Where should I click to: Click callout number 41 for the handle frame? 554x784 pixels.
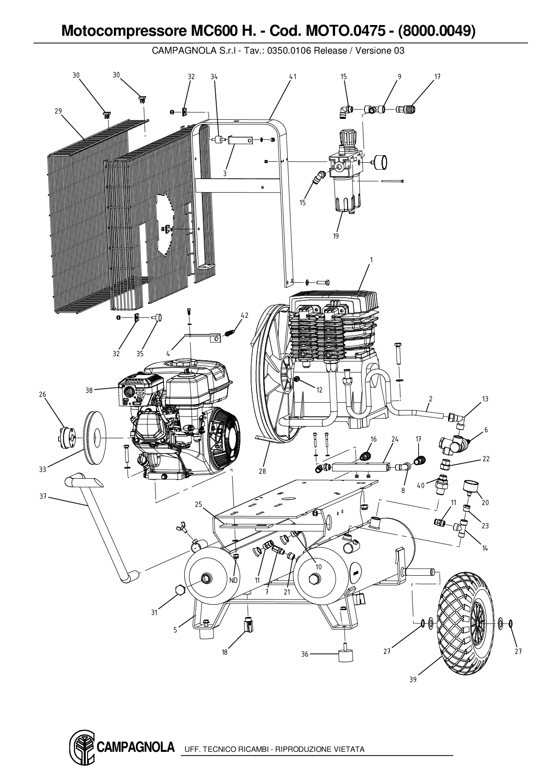[x=293, y=77]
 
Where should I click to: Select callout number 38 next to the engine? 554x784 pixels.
[x=89, y=390]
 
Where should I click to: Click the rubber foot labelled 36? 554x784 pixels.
[x=344, y=654]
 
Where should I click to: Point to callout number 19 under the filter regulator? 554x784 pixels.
[x=336, y=236]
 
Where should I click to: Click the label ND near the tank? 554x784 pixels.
[x=233, y=580]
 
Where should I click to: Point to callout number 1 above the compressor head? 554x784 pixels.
[x=371, y=260]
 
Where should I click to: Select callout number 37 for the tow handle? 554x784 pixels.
[x=43, y=496]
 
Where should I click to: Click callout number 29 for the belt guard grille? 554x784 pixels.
[x=58, y=111]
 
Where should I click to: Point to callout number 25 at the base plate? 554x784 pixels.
[x=199, y=505]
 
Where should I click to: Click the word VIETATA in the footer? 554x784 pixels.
[x=349, y=749]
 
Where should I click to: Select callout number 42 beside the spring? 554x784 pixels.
[x=244, y=316]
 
